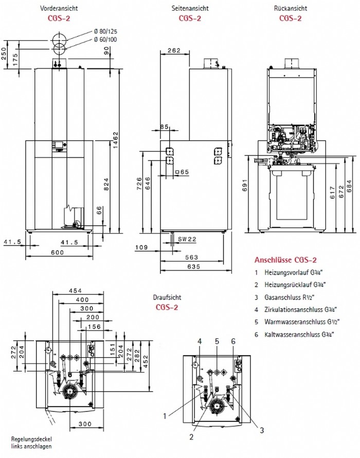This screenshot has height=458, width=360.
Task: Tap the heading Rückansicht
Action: pos(291,8)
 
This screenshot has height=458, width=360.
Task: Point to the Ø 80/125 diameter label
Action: pos(105,31)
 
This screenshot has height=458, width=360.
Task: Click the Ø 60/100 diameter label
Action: pos(105,40)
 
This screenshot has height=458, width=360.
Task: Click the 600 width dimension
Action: pos(58,253)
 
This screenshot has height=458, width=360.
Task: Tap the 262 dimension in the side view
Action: pos(174,50)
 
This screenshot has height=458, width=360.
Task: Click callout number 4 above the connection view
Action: pos(200,341)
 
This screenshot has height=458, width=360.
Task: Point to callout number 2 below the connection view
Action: pos(191,437)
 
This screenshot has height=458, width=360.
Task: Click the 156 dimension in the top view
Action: pos(94,327)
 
